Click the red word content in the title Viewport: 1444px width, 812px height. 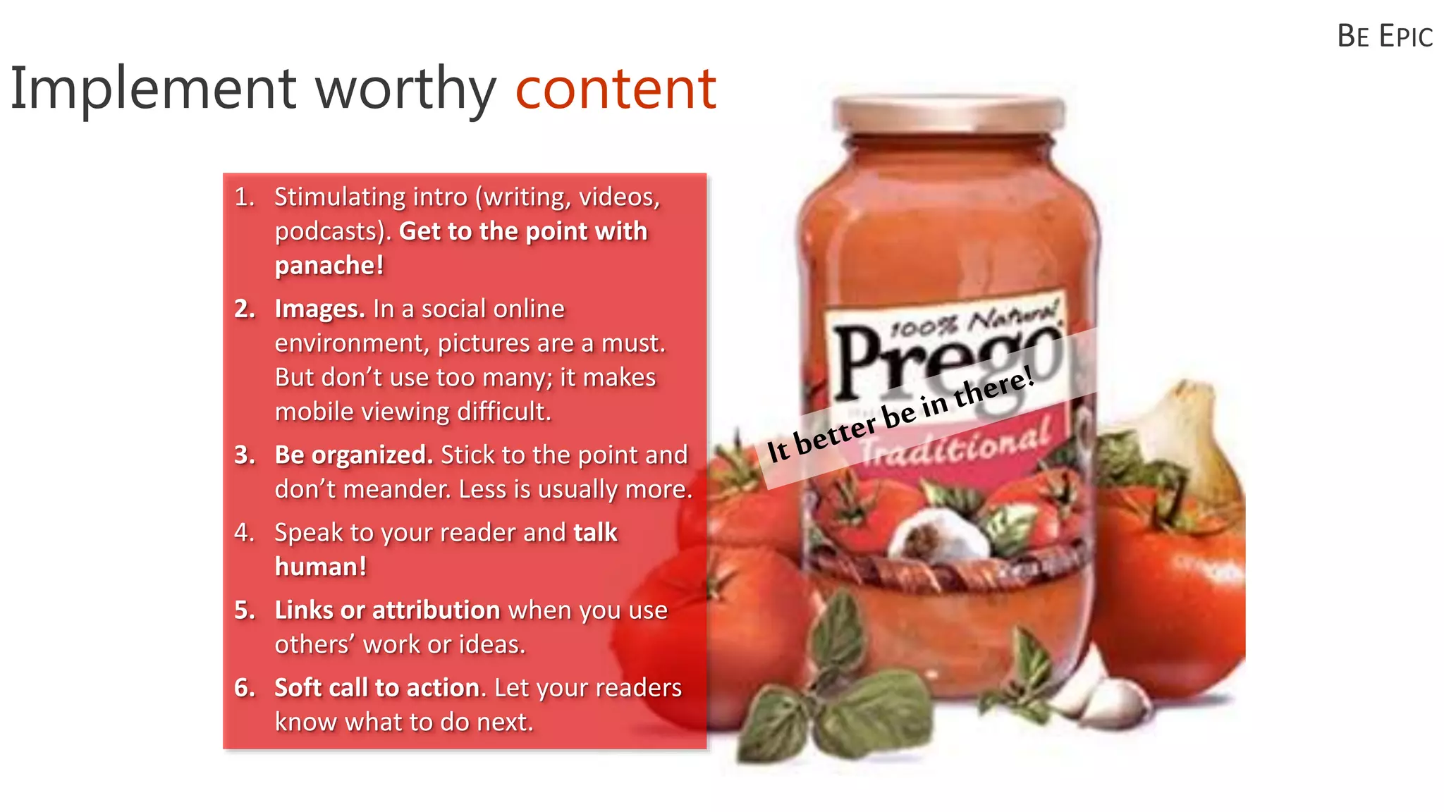[616, 90]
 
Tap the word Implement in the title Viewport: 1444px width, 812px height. [152, 90]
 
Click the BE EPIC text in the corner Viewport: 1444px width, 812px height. [1384, 37]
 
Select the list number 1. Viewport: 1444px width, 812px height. [244, 197]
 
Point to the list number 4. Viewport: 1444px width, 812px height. [244, 532]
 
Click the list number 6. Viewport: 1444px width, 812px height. [244, 687]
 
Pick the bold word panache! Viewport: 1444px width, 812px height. [329, 266]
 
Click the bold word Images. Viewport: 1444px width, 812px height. [319, 309]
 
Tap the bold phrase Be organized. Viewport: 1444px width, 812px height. [353, 455]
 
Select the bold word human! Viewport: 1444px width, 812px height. [321, 567]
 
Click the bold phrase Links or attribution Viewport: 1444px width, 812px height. [387, 610]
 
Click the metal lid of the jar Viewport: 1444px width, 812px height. [948, 113]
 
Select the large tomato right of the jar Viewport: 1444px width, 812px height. [1170, 578]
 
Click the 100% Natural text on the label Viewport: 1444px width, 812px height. [973, 321]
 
